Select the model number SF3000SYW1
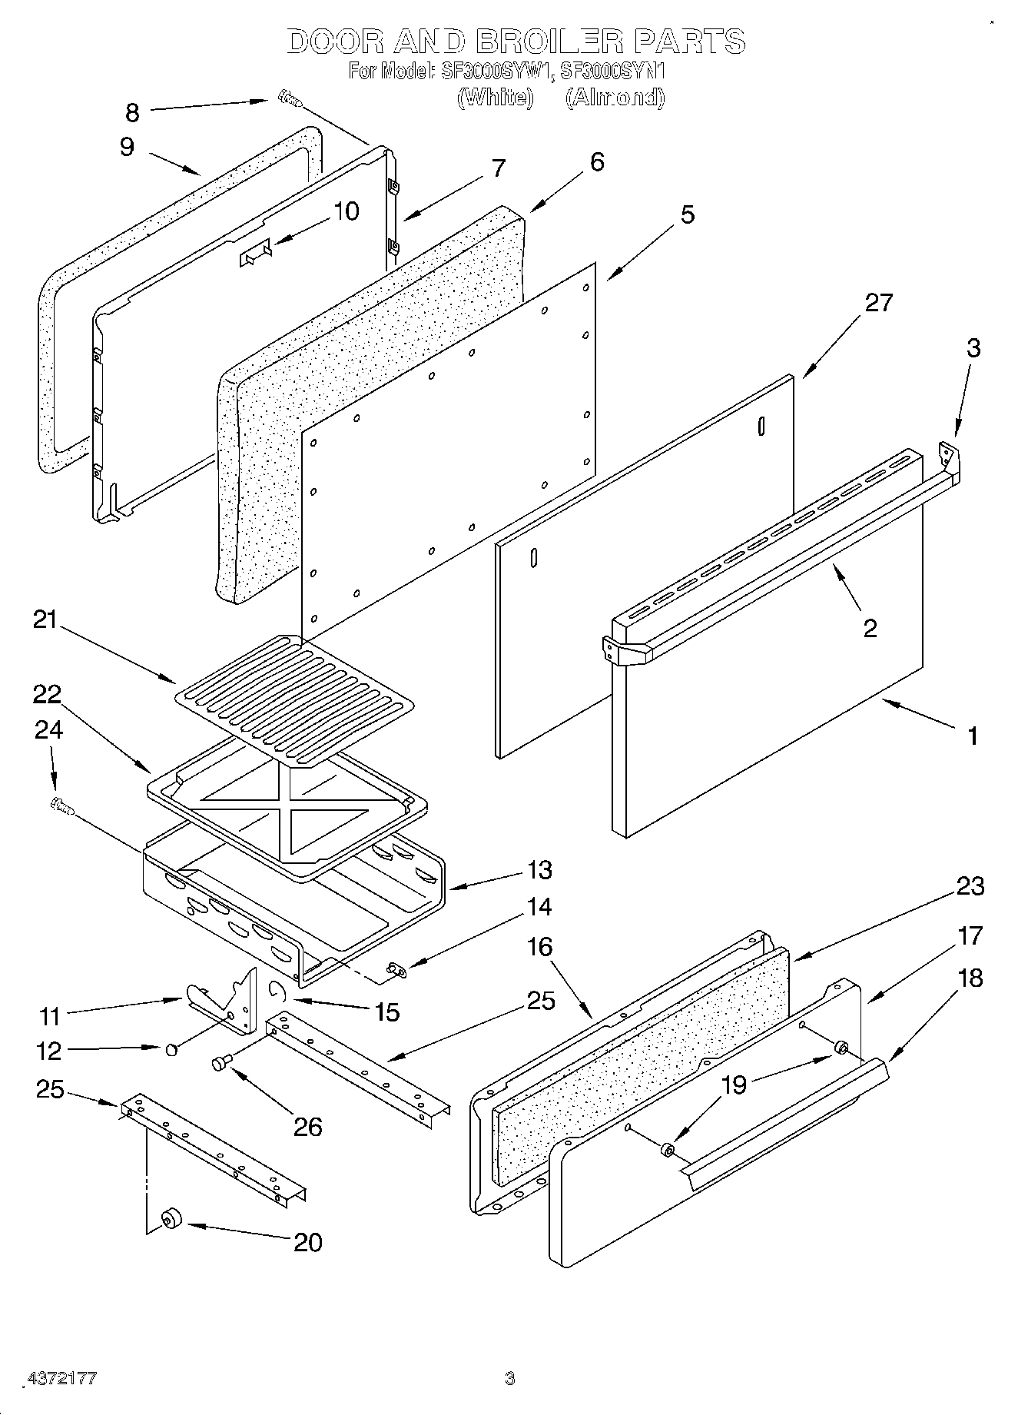(496, 71)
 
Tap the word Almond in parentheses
(615, 98)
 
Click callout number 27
(879, 303)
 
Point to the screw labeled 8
(290, 98)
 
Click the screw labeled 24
(60, 805)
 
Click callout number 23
(970, 886)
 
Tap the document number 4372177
(61, 1378)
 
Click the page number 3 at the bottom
(509, 1379)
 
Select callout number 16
(539, 947)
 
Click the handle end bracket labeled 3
(950, 456)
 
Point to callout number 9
(127, 147)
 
